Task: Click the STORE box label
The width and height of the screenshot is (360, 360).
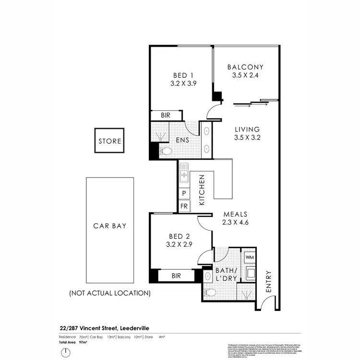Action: point(110,141)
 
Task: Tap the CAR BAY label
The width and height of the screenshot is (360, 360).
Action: point(110,225)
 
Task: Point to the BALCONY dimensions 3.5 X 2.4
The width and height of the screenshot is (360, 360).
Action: point(245,75)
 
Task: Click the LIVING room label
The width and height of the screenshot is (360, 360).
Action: point(247,129)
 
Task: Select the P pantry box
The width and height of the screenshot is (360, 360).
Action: point(184,193)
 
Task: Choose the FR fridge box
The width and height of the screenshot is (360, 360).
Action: point(184,206)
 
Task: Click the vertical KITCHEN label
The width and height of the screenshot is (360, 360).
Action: point(202,190)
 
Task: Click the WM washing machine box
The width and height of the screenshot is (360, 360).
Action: point(249,257)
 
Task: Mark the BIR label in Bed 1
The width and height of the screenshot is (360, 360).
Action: point(166,116)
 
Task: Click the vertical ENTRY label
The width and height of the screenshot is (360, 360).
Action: point(268,282)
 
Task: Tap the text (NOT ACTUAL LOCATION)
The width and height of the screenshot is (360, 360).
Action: point(110,292)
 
